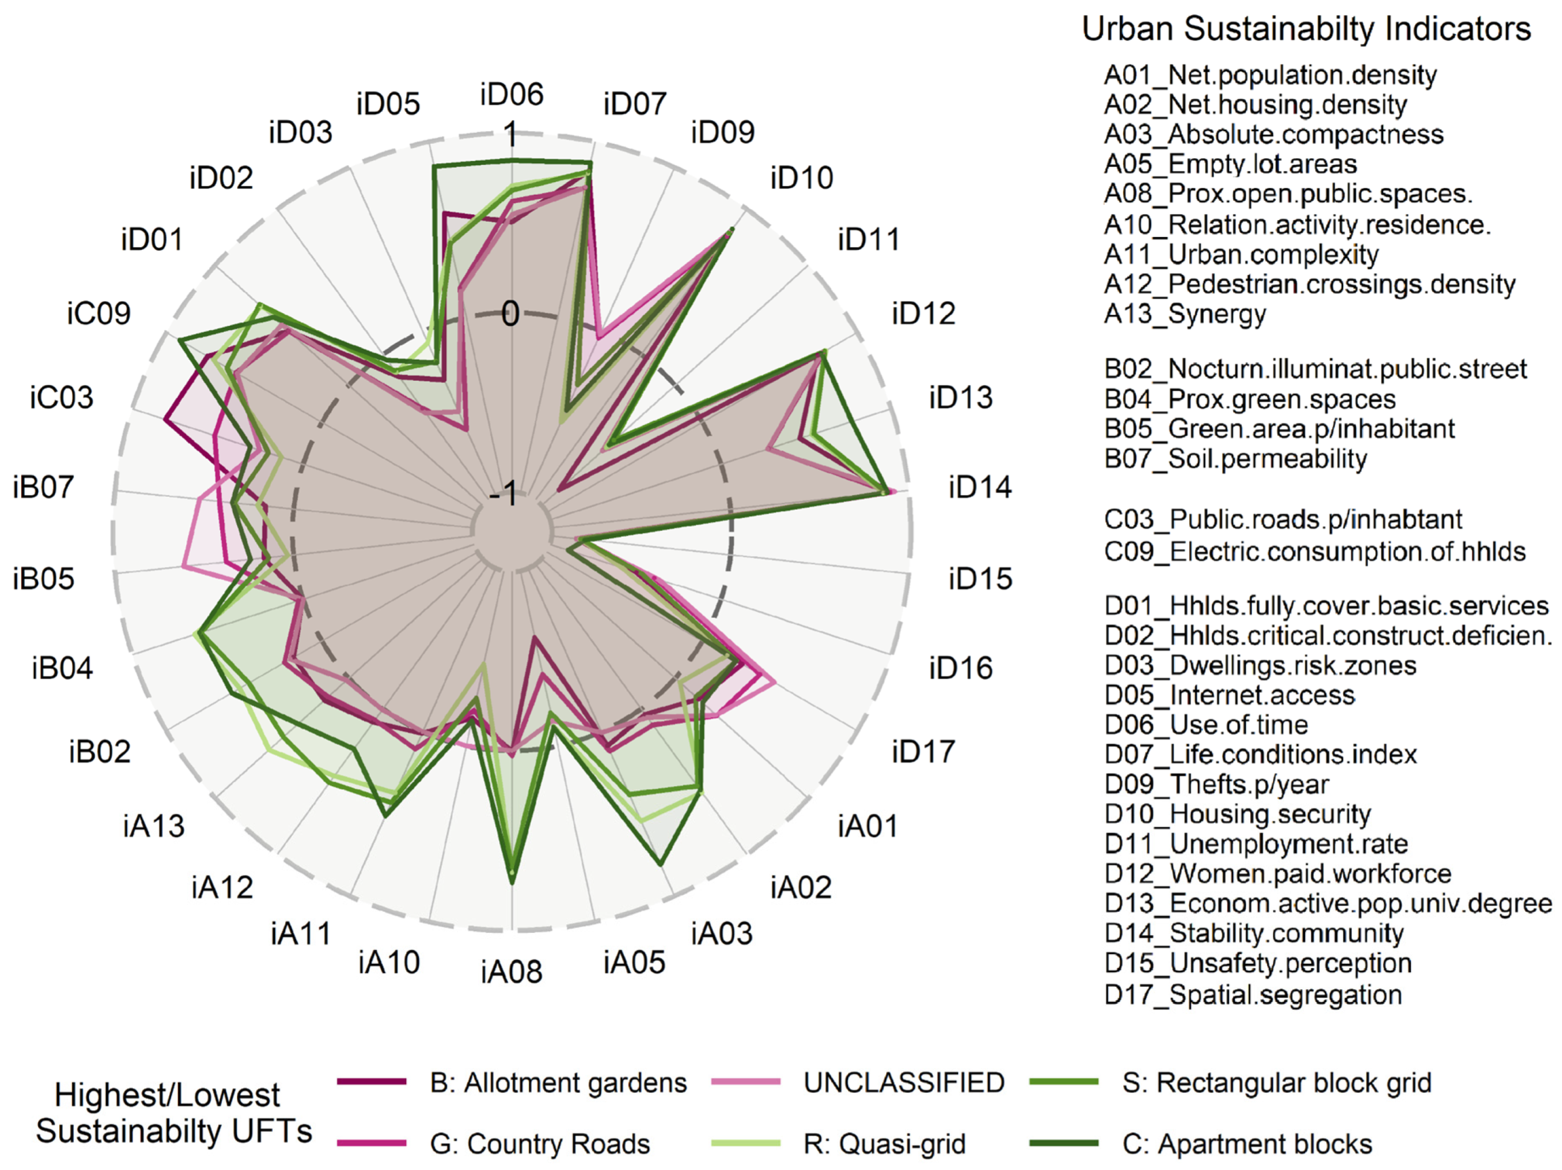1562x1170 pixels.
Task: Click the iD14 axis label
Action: (x=979, y=487)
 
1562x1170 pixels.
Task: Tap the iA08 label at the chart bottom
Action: (x=512, y=972)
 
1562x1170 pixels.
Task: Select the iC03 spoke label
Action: (x=62, y=398)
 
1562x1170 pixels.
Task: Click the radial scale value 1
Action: (x=510, y=134)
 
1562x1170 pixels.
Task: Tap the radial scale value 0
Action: (x=510, y=314)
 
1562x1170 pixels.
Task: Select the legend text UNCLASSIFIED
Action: (x=904, y=1082)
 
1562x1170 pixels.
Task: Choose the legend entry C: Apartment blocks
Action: (x=1247, y=1144)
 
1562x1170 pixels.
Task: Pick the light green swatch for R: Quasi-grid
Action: (x=746, y=1143)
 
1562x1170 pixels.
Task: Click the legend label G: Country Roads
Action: (x=539, y=1144)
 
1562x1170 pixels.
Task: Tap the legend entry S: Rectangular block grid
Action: (x=1277, y=1082)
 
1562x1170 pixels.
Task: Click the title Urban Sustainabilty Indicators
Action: (x=1306, y=30)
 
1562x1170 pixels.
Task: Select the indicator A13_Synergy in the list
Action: (x=1185, y=314)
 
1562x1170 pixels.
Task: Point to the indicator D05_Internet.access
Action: (x=1230, y=695)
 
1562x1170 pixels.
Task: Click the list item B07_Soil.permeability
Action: (x=1235, y=460)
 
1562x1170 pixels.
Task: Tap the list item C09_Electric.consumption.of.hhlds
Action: (x=1314, y=551)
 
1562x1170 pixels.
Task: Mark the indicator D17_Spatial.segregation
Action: (x=1253, y=995)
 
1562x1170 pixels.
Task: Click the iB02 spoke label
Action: (x=100, y=752)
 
